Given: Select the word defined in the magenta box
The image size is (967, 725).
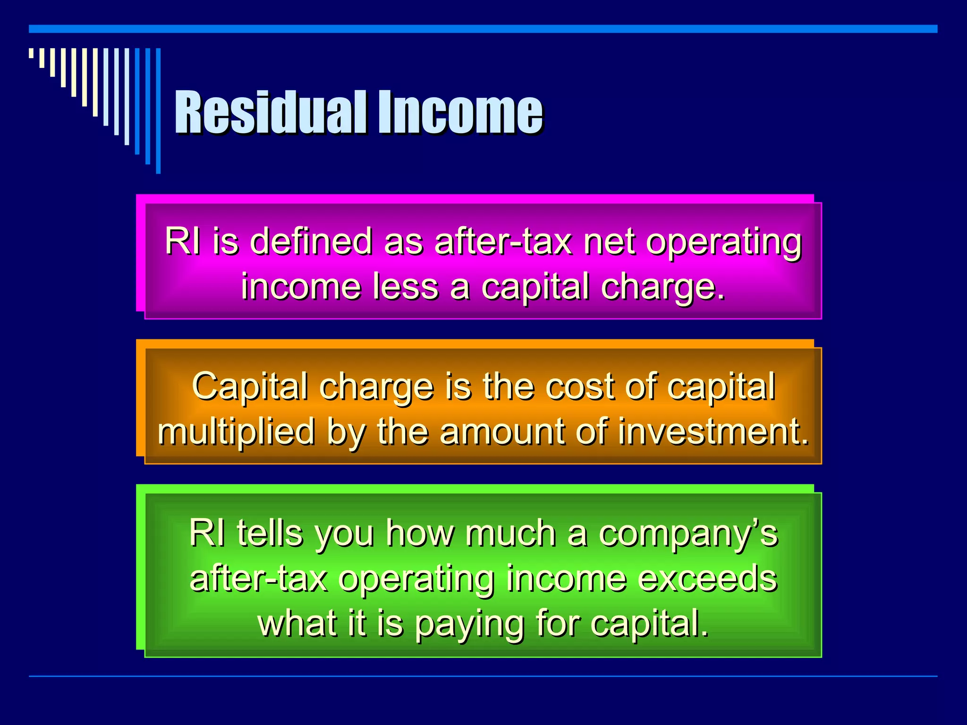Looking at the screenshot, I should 312,242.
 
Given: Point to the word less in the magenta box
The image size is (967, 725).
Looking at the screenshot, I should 406,287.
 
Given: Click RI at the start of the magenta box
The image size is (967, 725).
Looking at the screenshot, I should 182,242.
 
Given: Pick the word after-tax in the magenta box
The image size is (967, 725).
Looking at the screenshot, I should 503,242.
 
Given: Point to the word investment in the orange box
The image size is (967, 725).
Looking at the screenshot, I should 713,432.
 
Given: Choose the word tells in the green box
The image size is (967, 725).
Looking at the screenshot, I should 270,533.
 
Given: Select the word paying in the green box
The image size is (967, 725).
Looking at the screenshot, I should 470,624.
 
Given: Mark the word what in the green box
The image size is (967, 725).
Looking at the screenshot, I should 298,624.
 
